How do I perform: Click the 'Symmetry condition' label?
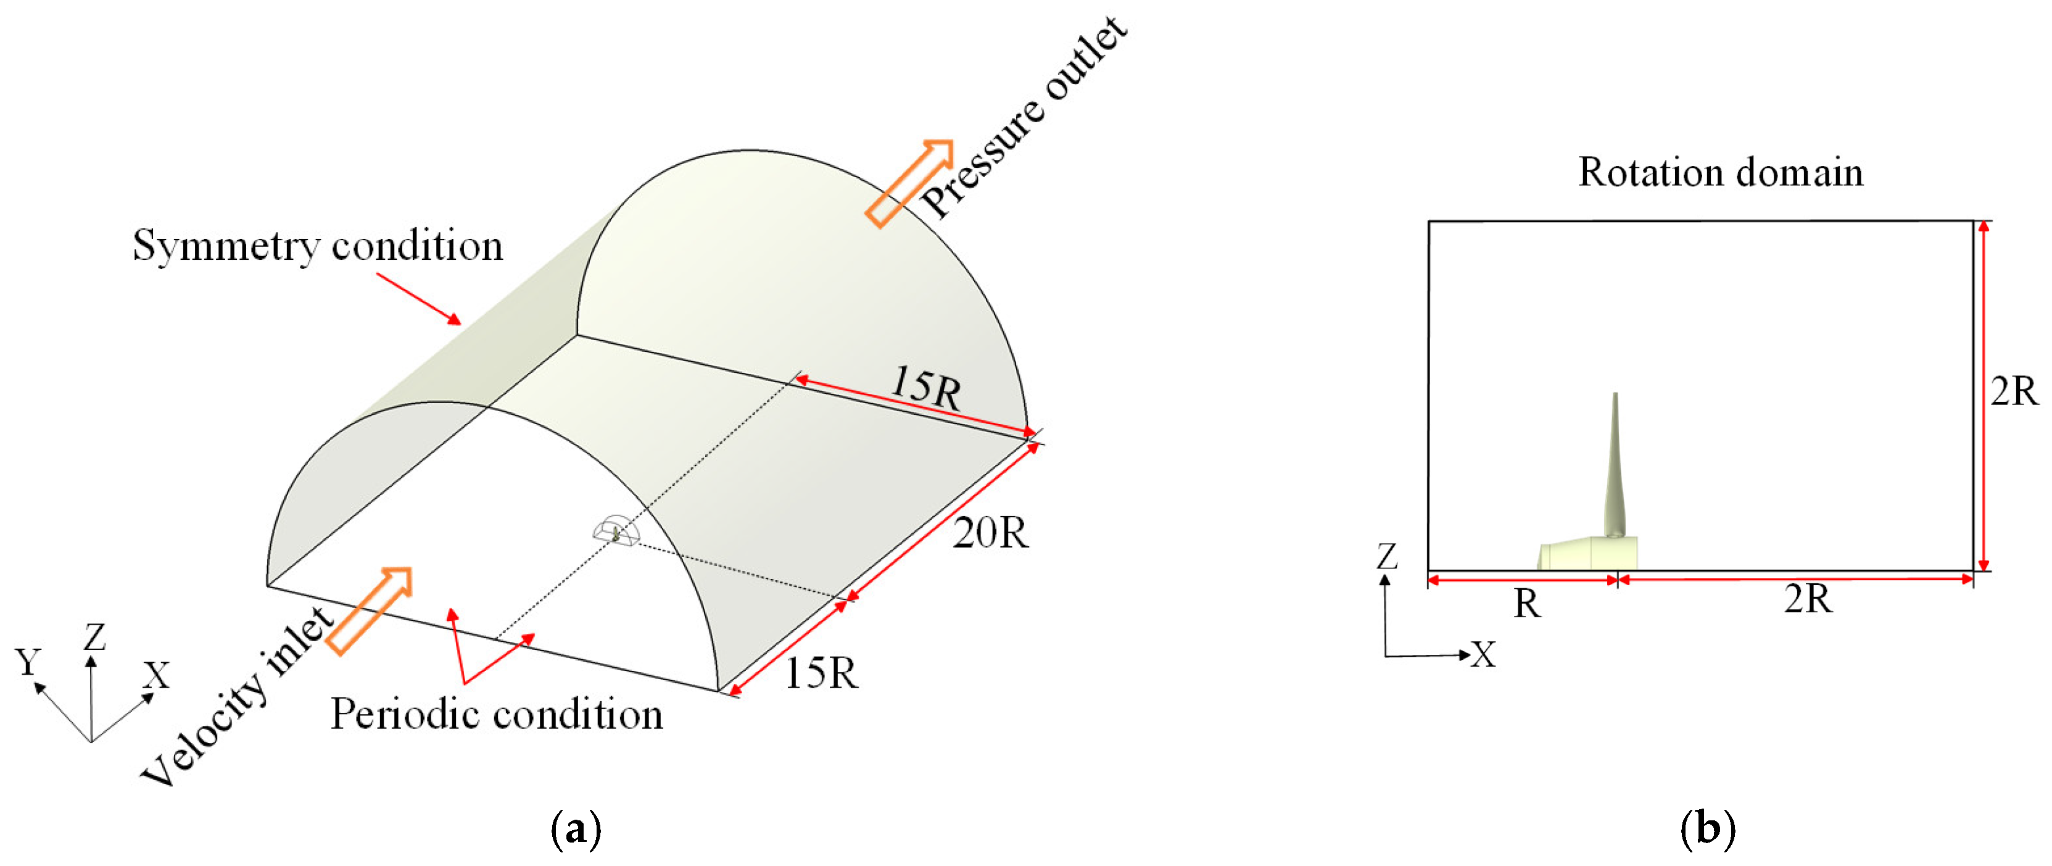click(x=318, y=246)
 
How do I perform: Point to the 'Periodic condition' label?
click(x=496, y=714)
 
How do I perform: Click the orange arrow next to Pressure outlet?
click(x=909, y=183)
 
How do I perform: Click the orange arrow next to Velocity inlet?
click(x=370, y=610)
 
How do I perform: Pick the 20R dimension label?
click(x=990, y=532)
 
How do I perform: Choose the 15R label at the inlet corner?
click(x=821, y=673)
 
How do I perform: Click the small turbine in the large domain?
click(x=616, y=533)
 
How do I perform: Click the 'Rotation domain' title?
click(x=1721, y=172)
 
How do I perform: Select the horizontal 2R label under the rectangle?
click(x=1808, y=598)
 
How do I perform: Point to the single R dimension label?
click(x=1527, y=604)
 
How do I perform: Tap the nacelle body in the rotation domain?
click(x=1585, y=554)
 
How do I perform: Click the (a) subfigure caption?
click(x=575, y=830)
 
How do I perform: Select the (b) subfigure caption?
click(x=1707, y=830)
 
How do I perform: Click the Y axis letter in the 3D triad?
click(x=28, y=661)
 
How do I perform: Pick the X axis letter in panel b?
click(x=1483, y=655)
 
